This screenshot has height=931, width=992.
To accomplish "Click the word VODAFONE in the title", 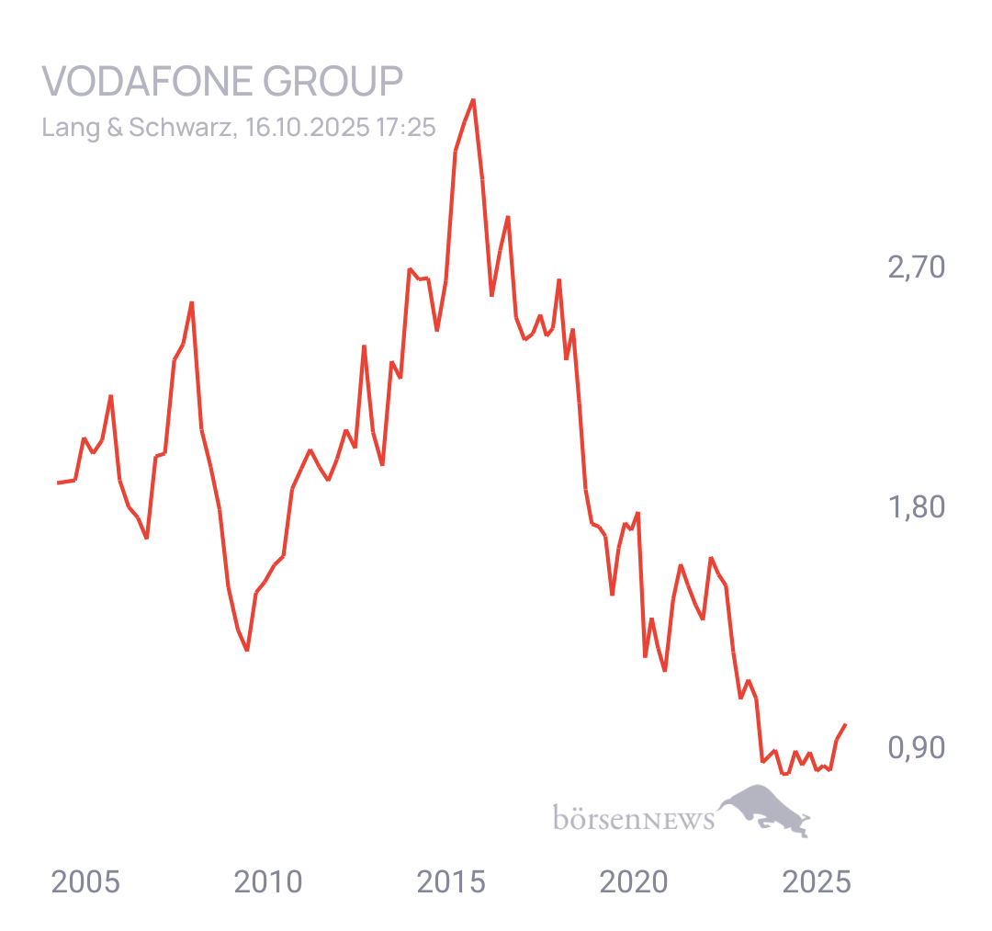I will click(147, 82).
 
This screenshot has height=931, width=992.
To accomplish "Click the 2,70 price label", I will click(916, 268).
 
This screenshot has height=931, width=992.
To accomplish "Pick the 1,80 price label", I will click(916, 507).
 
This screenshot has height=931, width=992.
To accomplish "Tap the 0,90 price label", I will click(916, 748).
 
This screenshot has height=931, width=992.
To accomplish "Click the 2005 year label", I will click(85, 882).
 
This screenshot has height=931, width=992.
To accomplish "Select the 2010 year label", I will click(268, 882).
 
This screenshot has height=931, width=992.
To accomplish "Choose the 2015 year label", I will click(451, 882).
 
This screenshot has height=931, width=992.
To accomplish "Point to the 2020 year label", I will click(635, 882).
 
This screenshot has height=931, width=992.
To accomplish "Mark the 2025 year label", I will click(817, 882).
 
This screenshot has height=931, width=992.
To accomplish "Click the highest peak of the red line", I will click(473, 99).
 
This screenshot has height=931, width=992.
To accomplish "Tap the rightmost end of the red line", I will click(846, 724).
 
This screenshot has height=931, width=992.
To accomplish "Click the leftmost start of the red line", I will click(58, 483).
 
